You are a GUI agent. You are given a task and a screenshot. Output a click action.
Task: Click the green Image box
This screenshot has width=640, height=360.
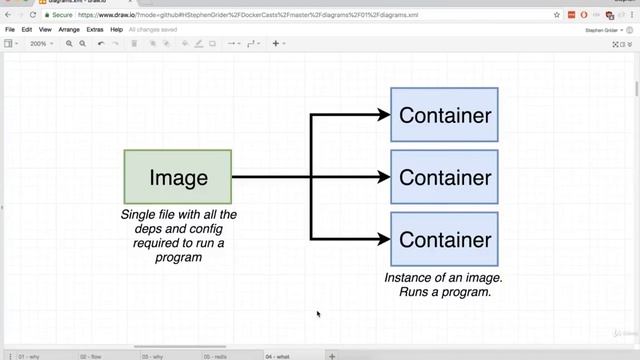click(178, 178)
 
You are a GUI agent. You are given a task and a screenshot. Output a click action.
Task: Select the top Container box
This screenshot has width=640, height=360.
click(444, 115)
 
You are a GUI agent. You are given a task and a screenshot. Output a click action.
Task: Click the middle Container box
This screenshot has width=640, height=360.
click(444, 178)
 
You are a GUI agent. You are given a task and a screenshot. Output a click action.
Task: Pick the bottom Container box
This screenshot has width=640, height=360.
click(444, 240)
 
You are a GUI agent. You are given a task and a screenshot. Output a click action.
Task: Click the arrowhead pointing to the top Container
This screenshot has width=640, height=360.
click(384, 115)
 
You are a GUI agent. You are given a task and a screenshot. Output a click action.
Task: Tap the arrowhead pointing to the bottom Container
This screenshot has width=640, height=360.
click(384, 240)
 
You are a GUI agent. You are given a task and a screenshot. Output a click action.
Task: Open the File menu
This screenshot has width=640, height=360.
click(10, 30)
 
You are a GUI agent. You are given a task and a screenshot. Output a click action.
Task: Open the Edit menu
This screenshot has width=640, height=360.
click(27, 30)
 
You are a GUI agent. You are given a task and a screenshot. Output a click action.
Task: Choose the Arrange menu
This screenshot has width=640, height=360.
click(69, 30)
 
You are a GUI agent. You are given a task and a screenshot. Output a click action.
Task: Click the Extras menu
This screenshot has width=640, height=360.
click(95, 30)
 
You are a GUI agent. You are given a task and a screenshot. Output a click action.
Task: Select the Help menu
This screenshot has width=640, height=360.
click(117, 30)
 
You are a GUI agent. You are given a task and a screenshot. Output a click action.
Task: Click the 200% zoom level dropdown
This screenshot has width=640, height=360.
click(41, 44)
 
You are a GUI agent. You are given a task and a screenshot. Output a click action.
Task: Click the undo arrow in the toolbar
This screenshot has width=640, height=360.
click(101, 44)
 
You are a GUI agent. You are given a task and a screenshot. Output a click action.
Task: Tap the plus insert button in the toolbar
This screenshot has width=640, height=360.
click(277, 44)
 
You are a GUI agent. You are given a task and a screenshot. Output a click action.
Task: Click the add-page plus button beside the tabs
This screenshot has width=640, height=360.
click(332, 356)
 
